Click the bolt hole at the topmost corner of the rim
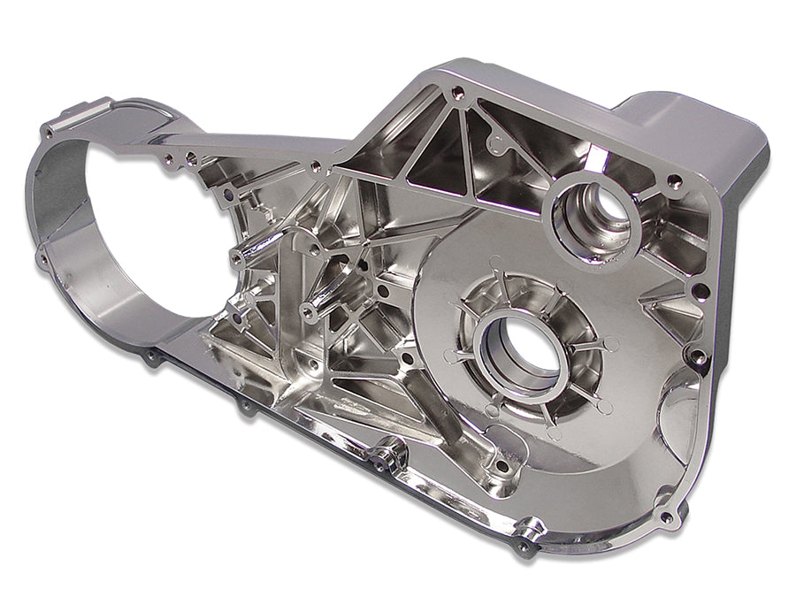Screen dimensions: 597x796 (x=456, y=91)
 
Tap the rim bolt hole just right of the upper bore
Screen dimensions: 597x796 (x=674, y=182)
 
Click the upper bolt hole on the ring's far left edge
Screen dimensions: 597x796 (x=46, y=134)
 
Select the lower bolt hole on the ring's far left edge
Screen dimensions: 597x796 (x=42, y=258)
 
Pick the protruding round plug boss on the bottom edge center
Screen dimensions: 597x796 (x=387, y=457)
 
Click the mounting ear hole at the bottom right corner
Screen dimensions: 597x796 (x=665, y=517)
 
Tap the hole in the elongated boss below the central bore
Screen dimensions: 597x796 (x=501, y=465)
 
